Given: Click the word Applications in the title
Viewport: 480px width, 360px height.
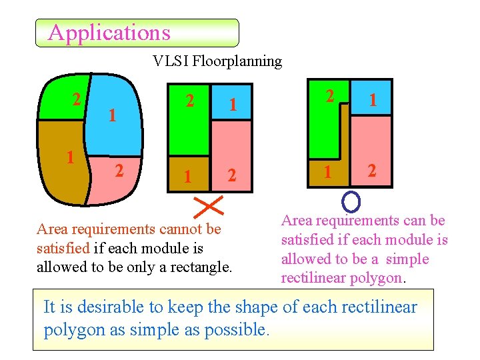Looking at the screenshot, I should [109, 33].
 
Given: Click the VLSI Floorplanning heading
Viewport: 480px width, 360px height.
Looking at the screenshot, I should [217, 61].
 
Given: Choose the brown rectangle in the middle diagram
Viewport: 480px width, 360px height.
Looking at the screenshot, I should [189, 174].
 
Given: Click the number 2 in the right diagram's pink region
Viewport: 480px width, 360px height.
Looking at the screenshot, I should [372, 171].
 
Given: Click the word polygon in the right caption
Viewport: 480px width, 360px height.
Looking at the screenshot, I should [375, 278].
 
